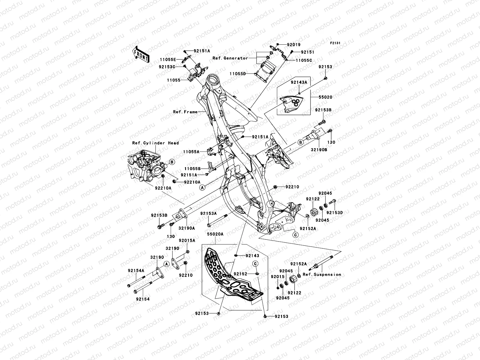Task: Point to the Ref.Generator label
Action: pos(234,58)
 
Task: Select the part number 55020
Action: pos(325,97)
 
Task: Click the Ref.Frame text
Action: pos(185,112)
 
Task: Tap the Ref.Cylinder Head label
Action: pos(155,143)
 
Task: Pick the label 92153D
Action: pos(334,212)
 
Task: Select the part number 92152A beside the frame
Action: pos(308,228)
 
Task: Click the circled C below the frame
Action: pos(295,235)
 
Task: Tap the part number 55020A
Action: pos(215,241)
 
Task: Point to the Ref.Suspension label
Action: pos(322,274)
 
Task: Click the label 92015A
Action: pos(187,240)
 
